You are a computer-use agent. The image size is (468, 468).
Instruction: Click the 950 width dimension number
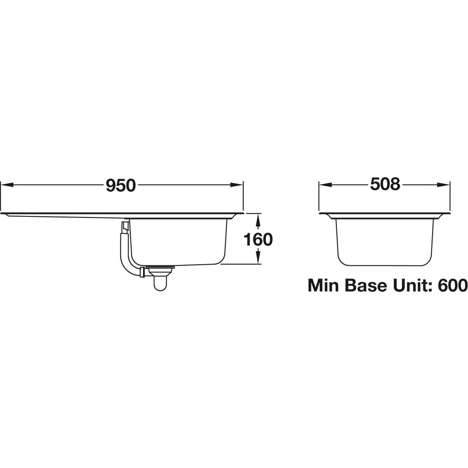pos(121,185)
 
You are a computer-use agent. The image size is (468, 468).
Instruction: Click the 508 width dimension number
pos(384,185)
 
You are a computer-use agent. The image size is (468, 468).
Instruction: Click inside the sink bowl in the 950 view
pos(177,241)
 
